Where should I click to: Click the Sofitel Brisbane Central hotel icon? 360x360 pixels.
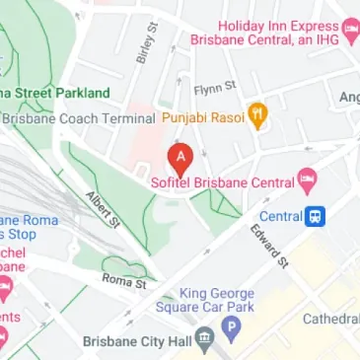point(307,181)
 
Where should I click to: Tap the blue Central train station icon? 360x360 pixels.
point(317,215)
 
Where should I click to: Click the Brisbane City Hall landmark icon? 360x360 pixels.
point(205,340)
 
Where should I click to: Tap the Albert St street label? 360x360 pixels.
point(103,208)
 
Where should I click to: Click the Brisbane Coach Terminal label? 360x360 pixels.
point(79,118)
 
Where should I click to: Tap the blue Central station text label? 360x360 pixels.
point(281,216)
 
